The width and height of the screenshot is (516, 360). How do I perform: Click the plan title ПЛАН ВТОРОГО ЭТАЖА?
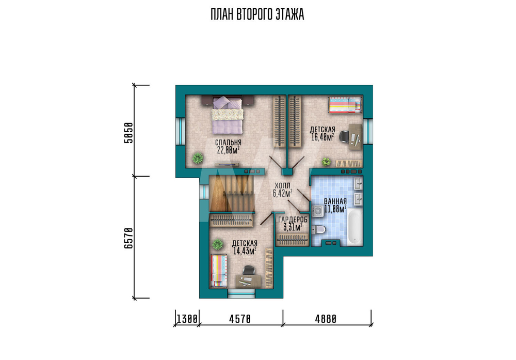tap(257, 15)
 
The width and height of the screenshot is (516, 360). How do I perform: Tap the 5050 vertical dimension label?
tap(128, 133)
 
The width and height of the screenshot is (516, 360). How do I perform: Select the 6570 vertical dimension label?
tap(128, 238)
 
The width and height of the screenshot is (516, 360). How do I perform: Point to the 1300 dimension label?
tap(187, 319)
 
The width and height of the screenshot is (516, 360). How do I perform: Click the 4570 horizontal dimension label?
tap(240, 319)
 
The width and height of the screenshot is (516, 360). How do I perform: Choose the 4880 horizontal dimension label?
tap(326, 319)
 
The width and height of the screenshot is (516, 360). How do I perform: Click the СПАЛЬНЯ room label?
tap(228, 143)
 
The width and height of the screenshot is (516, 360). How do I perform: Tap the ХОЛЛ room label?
tap(282, 186)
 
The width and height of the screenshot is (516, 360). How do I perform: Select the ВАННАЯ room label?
tap(335, 201)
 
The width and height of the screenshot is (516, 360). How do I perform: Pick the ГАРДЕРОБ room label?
tap(293, 220)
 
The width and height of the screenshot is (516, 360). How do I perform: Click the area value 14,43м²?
tap(245, 251)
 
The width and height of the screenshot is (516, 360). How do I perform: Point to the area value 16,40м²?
tap(323, 137)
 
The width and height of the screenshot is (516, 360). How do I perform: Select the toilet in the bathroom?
tap(318, 229)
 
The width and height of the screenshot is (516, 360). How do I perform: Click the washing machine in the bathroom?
tap(317, 211)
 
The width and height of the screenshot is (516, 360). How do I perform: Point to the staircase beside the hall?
tap(232, 193)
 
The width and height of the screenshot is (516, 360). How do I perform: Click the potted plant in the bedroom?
tap(198, 158)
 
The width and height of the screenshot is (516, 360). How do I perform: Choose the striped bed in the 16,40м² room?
tap(345, 105)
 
